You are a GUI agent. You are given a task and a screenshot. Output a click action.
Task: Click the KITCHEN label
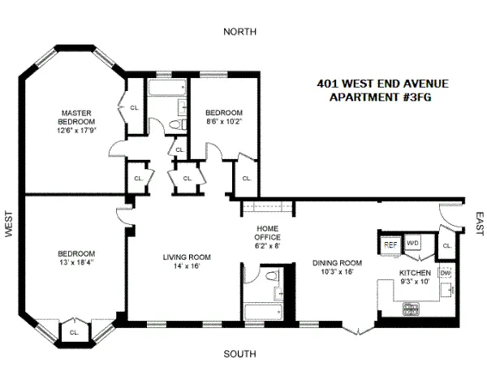(x=414, y=273)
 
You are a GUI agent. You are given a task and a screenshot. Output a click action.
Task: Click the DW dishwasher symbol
(x=445, y=274)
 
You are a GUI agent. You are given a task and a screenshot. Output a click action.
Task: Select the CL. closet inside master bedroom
(x=134, y=107)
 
